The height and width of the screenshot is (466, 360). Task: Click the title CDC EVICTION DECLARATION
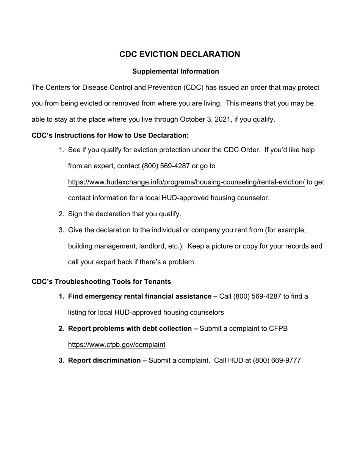(x=180, y=54)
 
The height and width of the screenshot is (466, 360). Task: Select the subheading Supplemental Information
(x=175, y=71)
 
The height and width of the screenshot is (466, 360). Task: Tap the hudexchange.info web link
(x=186, y=182)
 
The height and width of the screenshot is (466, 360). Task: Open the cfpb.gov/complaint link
(x=116, y=344)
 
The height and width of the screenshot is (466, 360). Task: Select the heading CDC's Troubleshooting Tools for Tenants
(x=101, y=281)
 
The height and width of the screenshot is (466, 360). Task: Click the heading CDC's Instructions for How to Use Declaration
(x=110, y=135)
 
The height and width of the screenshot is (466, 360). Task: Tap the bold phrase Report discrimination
(x=107, y=360)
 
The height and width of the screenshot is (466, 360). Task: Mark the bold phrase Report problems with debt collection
(x=133, y=328)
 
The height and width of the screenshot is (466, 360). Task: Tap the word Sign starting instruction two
(x=75, y=214)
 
